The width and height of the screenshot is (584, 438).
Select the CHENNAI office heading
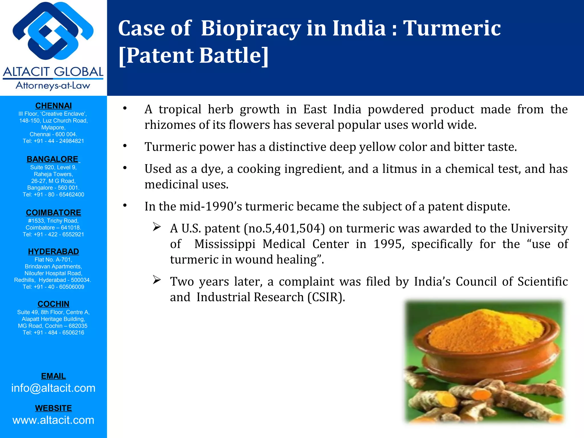(x=53, y=106)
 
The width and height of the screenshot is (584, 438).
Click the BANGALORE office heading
(x=52, y=159)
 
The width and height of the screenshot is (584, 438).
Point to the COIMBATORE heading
(x=53, y=213)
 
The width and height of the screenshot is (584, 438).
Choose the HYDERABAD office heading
(x=53, y=252)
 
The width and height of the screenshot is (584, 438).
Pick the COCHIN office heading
(x=53, y=304)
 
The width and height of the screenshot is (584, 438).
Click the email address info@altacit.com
(x=53, y=388)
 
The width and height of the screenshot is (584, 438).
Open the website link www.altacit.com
(x=53, y=420)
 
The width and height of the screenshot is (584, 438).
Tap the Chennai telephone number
(x=53, y=141)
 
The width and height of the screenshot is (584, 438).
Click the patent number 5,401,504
(x=295, y=229)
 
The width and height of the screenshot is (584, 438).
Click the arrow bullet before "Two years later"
(x=157, y=280)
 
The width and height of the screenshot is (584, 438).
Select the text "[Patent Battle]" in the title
(x=193, y=55)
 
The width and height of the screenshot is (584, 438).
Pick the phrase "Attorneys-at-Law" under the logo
(x=53, y=86)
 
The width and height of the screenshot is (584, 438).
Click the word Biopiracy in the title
(x=251, y=28)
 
